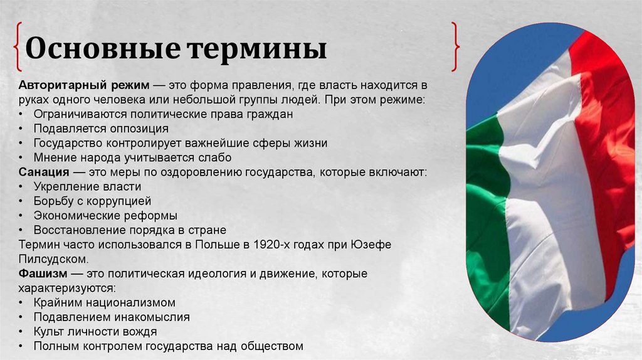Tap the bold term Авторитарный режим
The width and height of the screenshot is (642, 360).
click(76, 85)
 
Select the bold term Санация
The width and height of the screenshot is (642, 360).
click(42, 172)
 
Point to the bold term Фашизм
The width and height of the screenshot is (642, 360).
click(43, 274)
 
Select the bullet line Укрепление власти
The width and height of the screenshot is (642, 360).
click(87, 186)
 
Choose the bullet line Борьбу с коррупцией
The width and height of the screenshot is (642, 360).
click(92, 201)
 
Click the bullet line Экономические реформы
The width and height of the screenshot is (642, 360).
click(105, 216)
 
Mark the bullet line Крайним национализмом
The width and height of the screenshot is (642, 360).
click(104, 302)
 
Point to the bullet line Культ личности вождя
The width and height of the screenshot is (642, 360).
click(95, 331)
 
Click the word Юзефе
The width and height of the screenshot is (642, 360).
click(372, 245)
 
